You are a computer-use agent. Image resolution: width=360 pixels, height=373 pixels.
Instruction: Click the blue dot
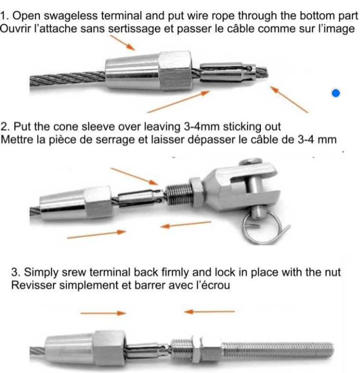[336, 93]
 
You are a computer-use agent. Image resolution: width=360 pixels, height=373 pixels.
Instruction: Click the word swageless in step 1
[71, 16]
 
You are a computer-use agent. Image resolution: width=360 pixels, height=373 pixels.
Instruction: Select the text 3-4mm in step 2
[202, 127]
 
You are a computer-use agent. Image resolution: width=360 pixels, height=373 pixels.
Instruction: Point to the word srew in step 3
[73, 272]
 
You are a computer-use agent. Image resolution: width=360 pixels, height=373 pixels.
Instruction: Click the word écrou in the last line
[216, 285]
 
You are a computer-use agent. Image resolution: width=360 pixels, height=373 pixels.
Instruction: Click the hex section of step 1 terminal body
[175, 70]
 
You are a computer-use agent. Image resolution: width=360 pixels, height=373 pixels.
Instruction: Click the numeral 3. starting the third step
[16, 272]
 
